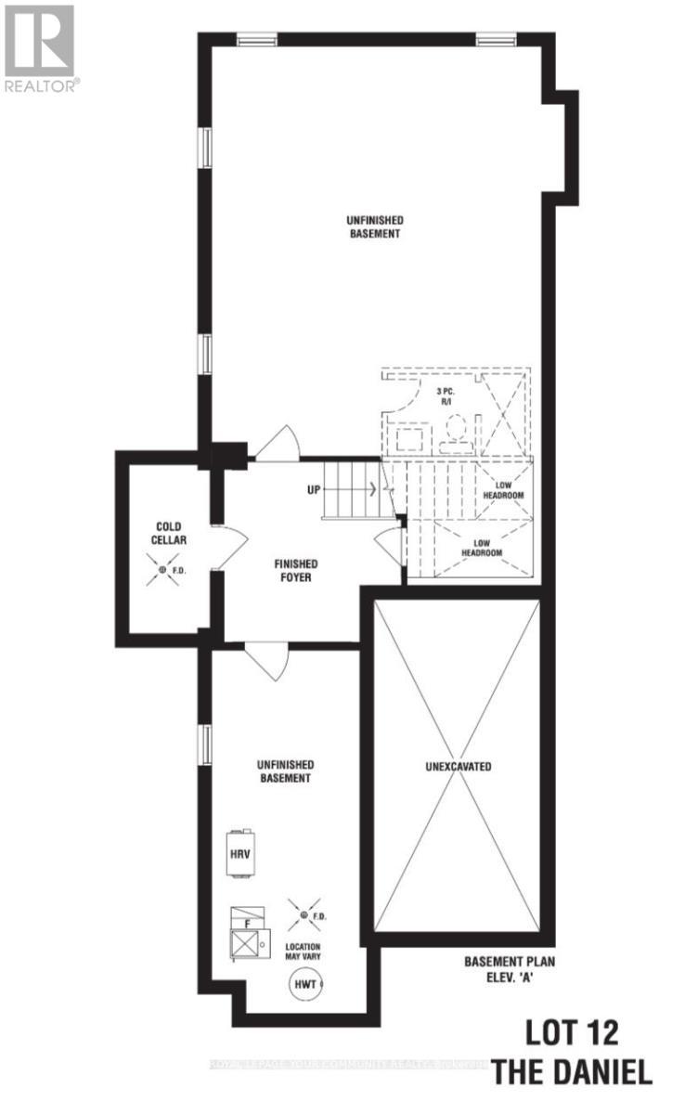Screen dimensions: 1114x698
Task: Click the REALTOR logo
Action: click(41, 46)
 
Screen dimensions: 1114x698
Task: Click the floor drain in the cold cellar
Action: click(162, 569)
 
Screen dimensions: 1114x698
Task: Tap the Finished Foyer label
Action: click(296, 570)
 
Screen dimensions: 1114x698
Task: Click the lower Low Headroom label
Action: click(483, 548)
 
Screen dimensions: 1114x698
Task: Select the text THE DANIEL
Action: click(573, 1073)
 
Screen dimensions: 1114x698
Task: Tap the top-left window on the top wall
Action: click(256, 40)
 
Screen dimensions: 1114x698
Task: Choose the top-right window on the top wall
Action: click(498, 40)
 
